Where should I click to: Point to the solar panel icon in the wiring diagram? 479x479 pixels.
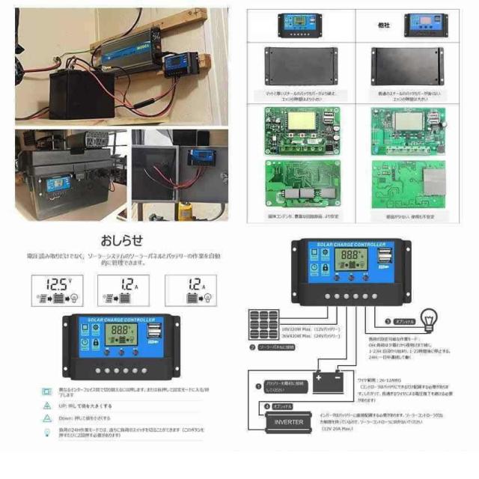263,327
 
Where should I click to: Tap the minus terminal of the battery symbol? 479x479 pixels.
338,378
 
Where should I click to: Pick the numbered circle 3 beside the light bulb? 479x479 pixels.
388,322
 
